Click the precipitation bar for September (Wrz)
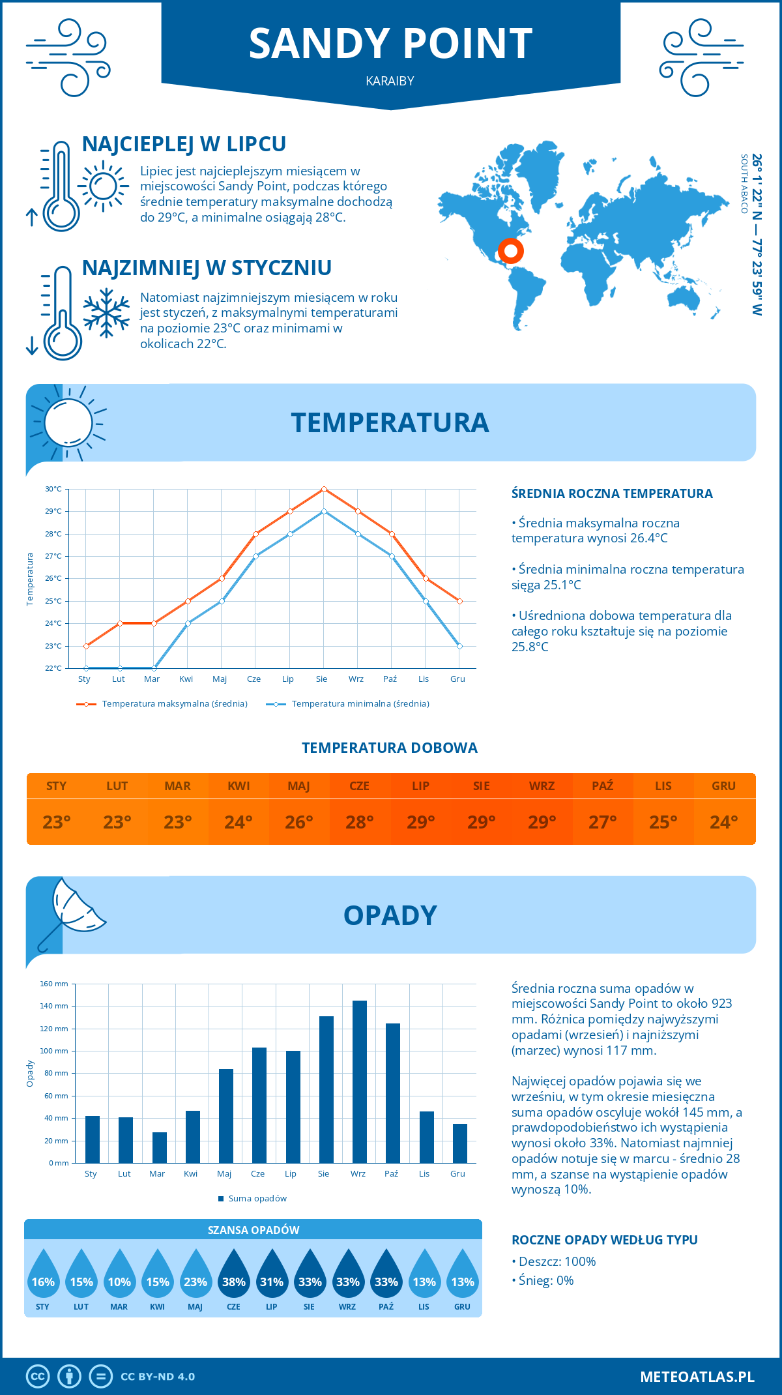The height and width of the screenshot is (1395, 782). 360,1082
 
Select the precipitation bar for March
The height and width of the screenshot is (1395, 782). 160,1148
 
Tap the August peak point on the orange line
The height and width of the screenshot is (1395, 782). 324,489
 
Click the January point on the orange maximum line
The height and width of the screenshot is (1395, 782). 86,646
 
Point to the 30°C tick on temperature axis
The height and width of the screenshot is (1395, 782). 53,489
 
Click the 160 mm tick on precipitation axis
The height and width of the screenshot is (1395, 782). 55,984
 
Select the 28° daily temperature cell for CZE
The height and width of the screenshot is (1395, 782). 360,822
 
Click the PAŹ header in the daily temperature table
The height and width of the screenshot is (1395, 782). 602,786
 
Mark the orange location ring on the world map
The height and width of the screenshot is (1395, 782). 510,250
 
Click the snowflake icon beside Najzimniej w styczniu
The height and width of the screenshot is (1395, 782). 106,313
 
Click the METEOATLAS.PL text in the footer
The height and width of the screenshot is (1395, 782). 697,1377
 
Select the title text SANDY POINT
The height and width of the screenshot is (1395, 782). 391,44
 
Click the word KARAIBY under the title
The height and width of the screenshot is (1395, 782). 390,81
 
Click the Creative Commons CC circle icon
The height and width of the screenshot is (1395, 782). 38,1377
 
